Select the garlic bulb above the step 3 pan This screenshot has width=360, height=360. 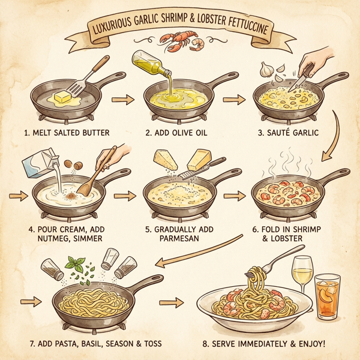(267, 71)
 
